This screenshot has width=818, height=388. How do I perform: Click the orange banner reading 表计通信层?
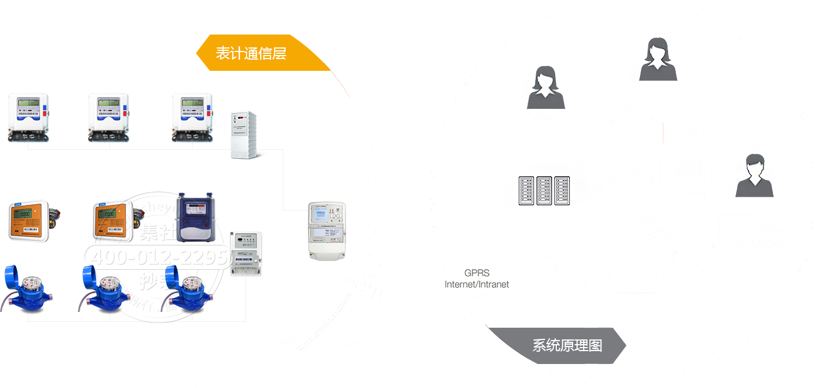[258, 53]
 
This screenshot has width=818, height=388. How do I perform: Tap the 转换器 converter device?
[244, 252]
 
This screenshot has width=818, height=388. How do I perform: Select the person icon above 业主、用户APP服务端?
[544, 85]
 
